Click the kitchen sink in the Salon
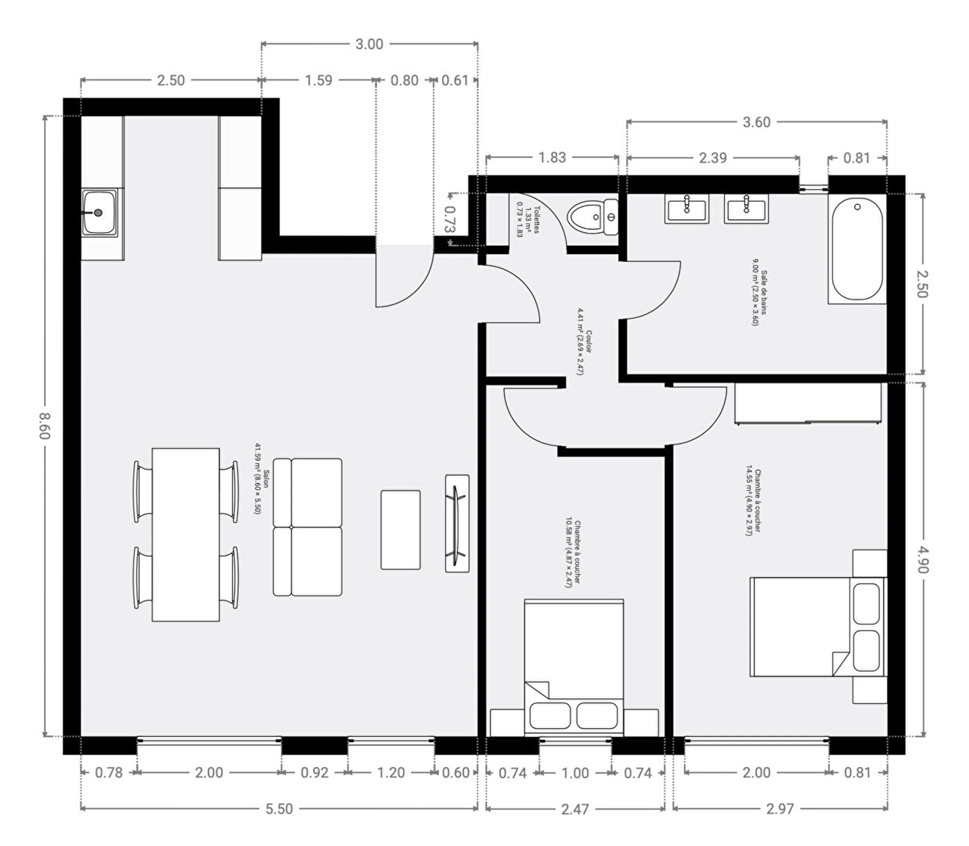pos(99,213)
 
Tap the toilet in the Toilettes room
pos(593,217)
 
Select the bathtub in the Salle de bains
pos(857,249)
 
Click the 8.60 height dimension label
pos(45,426)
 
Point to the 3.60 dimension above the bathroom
pos(757,122)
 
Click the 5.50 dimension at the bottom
pos(279,809)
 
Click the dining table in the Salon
pos(186,535)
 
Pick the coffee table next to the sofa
pos(401,530)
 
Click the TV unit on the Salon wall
pos(457,523)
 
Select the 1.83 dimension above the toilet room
pos(552,157)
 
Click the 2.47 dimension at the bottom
pos(575,809)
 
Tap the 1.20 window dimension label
pos(391,772)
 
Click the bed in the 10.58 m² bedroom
pos(574,667)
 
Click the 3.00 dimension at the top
pos(369,44)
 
